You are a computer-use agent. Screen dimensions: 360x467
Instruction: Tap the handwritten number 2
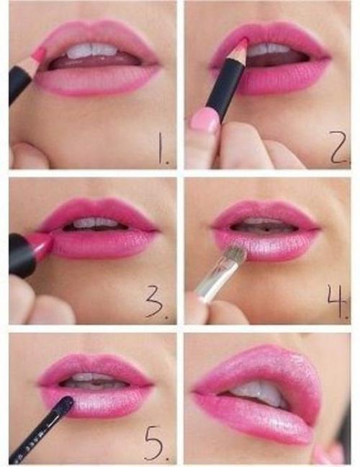pyautogui.click(x=338, y=148)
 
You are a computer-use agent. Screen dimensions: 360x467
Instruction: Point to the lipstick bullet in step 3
pyautogui.click(x=41, y=242)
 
